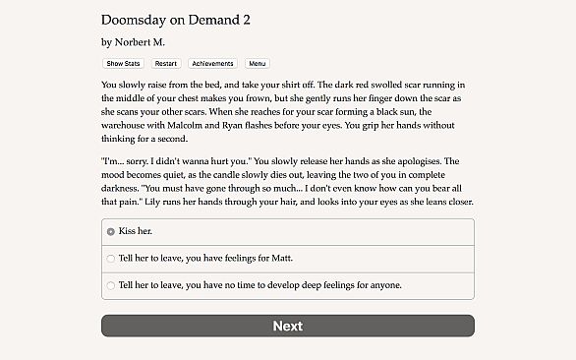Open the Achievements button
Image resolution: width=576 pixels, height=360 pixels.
point(213,63)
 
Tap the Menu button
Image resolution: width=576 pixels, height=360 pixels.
point(258,63)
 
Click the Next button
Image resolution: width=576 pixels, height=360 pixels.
point(287,326)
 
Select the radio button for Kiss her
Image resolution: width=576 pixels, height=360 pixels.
point(111,231)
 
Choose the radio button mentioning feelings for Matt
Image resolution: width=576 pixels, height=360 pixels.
point(111,259)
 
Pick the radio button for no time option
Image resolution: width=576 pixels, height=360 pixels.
point(111,285)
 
